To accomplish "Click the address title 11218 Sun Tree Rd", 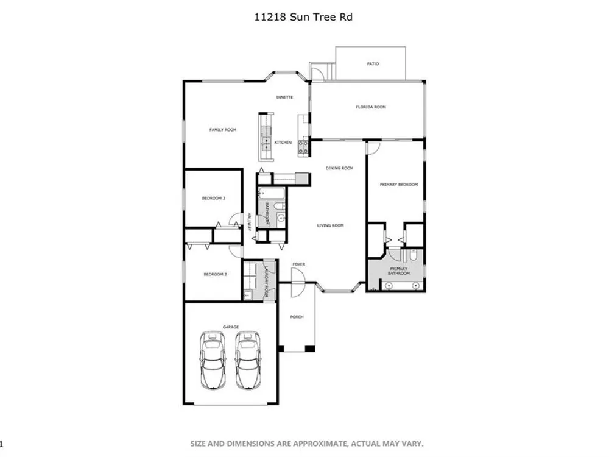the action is click(303, 17).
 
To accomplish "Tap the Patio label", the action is click(373, 64).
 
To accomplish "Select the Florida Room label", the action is click(371, 107).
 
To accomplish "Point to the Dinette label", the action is click(284, 97).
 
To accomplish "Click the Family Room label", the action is click(223, 130).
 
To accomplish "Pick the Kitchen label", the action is click(283, 143).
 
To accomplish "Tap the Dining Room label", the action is click(339, 168).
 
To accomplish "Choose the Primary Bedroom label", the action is click(399, 185).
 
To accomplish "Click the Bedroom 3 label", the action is click(214, 198).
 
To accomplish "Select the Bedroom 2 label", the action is click(215, 274).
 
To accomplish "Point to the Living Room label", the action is click(331, 225).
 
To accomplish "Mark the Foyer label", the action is click(298, 264).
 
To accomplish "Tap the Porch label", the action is click(297, 317).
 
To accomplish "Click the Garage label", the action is click(231, 327).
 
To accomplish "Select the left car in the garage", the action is click(213, 360).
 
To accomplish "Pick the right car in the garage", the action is click(248, 360).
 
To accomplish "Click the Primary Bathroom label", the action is click(399, 271).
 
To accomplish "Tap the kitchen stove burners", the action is click(303, 147).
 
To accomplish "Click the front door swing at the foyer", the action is click(299, 283).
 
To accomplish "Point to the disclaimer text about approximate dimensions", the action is click(307, 444).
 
